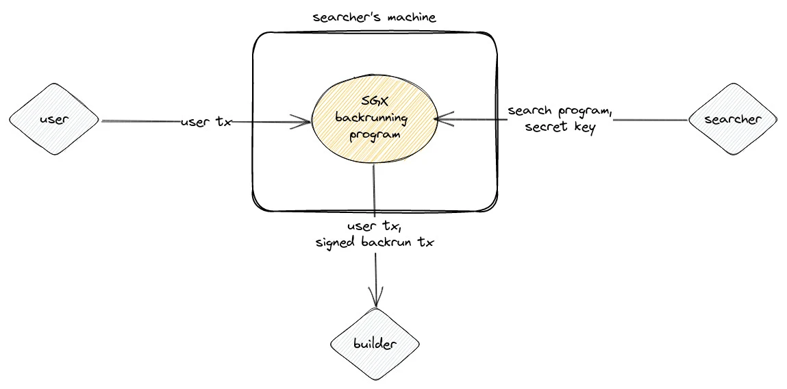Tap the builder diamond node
point(375,344)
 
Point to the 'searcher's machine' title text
point(374,18)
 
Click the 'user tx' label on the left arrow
point(206,122)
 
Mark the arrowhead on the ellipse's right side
point(442,120)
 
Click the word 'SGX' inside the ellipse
point(373,102)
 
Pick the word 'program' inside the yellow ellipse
point(374,134)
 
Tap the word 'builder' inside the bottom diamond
point(375,344)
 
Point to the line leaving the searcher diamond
point(651,120)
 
